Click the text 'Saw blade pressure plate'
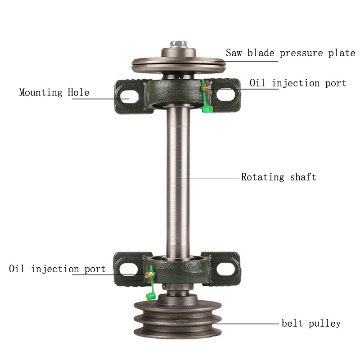290,53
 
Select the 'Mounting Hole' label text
54,93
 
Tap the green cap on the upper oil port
207,108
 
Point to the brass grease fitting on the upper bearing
205,89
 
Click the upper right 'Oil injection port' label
298,83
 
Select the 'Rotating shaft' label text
279,177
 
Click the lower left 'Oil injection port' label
57,269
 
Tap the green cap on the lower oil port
149,296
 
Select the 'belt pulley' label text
311,323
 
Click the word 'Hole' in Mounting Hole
78,93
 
